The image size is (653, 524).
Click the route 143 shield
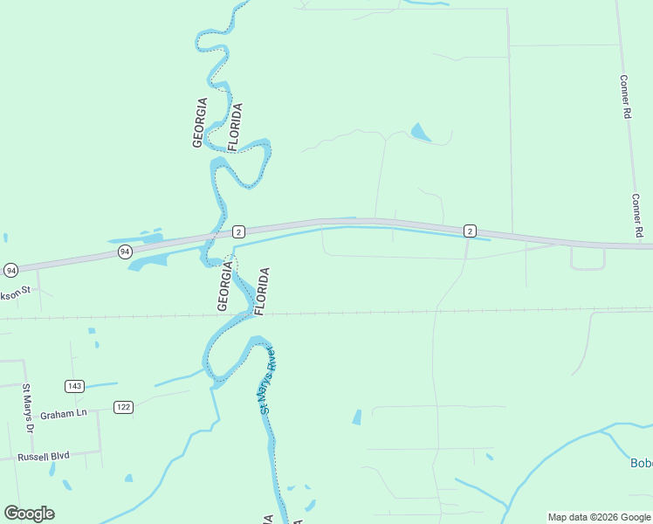(74, 386)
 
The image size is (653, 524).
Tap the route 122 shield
(123, 407)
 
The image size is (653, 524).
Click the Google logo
(29, 514)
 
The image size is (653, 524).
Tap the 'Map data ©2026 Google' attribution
(599, 517)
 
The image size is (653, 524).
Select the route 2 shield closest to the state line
(238, 231)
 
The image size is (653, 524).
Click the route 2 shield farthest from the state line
(470, 231)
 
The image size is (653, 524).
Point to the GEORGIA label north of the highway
(200, 122)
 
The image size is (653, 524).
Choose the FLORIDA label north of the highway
(235, 128)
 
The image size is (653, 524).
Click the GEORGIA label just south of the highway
(224, 289)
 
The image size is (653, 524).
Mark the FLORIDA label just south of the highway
(261, 292)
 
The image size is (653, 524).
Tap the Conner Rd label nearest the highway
(637, 216)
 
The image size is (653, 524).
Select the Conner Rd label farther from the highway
(625, 96)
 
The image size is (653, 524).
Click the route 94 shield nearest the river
(125, 252)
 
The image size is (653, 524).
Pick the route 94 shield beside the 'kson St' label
(10, 270)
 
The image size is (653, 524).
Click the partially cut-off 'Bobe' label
(641, 463)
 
